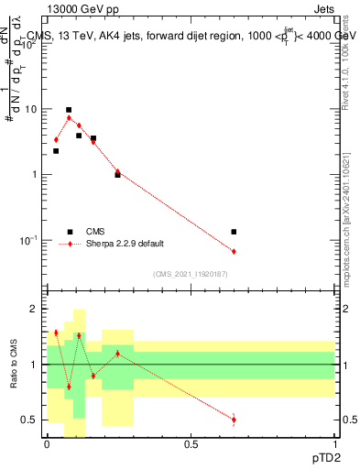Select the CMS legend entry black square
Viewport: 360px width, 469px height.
point(70,232)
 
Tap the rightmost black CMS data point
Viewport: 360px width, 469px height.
point(235,232)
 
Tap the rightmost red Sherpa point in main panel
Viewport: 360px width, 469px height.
point(235,251)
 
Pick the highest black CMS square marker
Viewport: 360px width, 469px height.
point(69,110)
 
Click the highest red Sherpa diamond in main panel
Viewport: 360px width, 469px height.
point(69,118)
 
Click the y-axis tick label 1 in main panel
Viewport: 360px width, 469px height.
point(36,174)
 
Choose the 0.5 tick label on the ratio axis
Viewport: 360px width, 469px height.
point(30,420)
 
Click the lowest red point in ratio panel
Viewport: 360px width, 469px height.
point(235,420)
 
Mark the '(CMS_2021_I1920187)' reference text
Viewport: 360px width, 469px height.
point(191,274)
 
